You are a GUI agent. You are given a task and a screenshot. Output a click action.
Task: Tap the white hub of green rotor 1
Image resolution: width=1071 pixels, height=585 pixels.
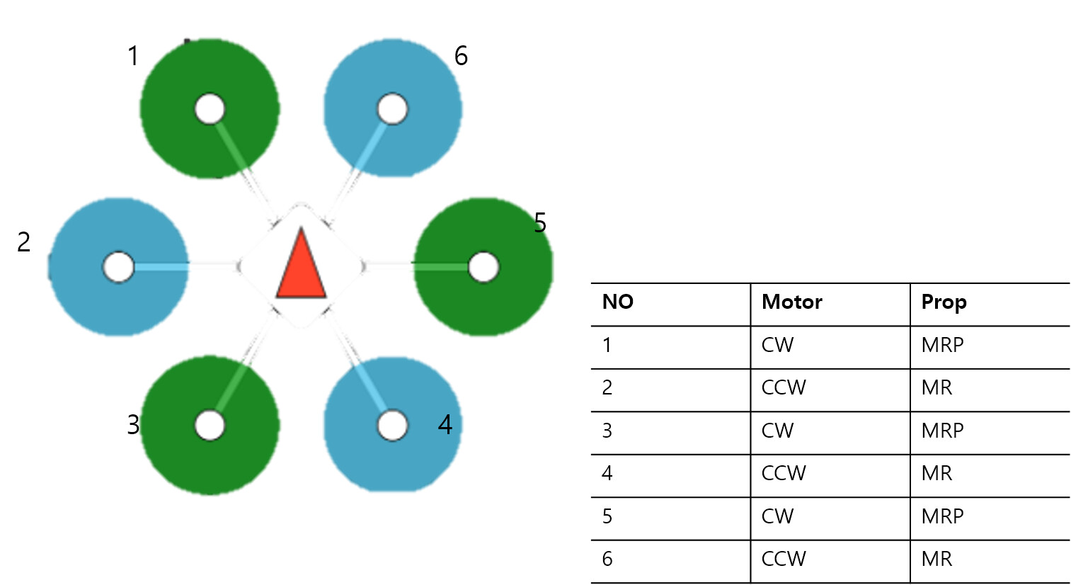(x=210, y=109)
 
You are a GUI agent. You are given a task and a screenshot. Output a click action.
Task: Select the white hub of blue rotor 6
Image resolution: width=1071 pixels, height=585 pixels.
(x=392, y=109)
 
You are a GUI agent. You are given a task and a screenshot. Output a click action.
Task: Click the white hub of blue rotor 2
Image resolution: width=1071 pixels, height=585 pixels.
(x=118, y=267)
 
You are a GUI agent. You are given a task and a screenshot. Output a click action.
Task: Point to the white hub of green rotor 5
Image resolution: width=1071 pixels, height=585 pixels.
(x=483, y=267)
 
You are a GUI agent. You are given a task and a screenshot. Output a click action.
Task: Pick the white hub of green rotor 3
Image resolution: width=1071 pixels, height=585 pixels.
(x=210, y=426)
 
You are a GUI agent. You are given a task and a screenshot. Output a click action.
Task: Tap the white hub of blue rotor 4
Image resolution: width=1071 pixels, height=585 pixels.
(x=392, y=426)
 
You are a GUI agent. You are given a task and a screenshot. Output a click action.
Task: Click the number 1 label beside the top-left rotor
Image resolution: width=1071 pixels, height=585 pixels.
(x=133, y=56)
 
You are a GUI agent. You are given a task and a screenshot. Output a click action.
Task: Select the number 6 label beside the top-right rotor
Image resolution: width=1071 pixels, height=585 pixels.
(x=461, y=56)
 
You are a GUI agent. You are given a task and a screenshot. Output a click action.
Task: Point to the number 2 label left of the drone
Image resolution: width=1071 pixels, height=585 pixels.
(x=24, y=242)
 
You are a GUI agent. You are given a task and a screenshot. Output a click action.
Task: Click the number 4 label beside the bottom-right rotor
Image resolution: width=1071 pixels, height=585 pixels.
(x=445, y=425)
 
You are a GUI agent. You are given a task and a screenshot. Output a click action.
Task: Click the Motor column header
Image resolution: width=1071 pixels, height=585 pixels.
(x=791, y=302)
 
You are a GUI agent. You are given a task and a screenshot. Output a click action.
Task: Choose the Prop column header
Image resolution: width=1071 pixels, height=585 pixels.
(x=943, y=302)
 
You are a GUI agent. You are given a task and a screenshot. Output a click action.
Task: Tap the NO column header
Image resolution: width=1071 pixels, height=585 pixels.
(x=617, y=302)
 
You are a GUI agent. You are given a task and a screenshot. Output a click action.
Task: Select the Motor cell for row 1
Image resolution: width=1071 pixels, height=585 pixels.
(x=777, y=345)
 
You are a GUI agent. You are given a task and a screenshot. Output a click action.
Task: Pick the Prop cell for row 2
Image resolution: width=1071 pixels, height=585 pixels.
(x=937, y=387)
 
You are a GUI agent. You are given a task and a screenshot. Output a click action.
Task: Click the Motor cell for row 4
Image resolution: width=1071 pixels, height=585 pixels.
(x=784, y=473)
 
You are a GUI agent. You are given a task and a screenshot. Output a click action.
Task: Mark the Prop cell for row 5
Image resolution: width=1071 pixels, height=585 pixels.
(x=942, y=516)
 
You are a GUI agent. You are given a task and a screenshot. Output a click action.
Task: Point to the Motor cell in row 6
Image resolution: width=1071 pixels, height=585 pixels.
(x=784, y=559)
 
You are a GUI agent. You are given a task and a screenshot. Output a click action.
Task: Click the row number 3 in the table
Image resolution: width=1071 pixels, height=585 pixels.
(x=607, y=431)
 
